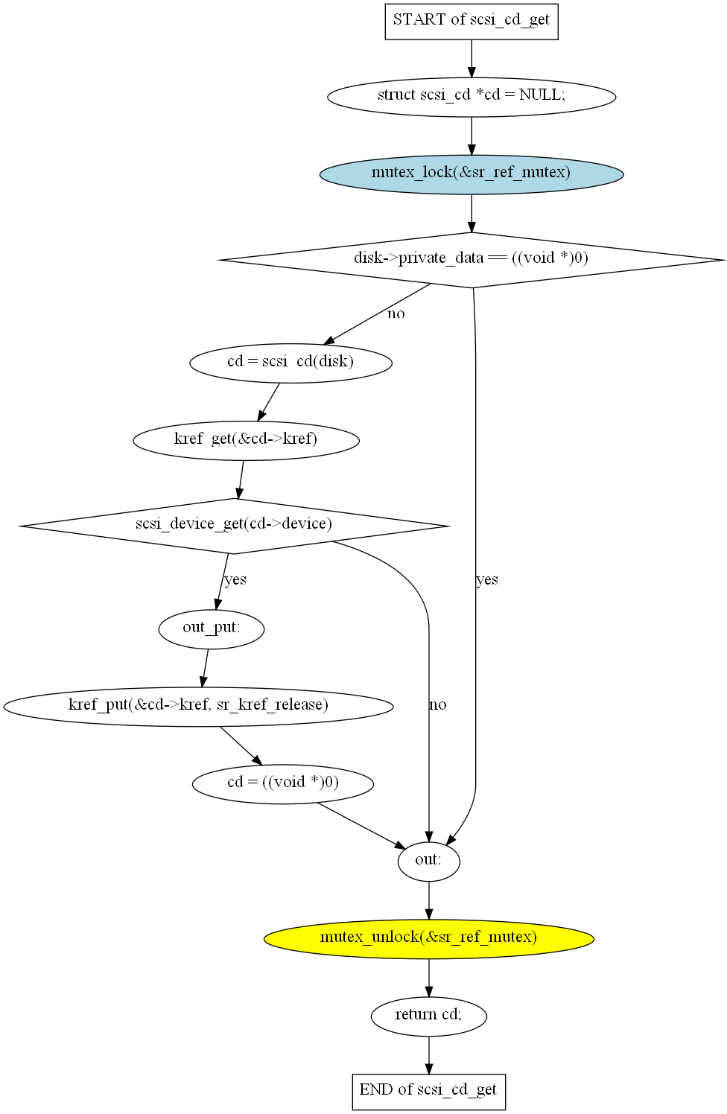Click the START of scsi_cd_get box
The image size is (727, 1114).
coord(471,21)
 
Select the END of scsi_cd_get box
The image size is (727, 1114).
coord(428,1091)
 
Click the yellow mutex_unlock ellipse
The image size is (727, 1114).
coord(428,938)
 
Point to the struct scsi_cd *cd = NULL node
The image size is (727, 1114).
coord(471,96)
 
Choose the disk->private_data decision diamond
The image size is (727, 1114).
coord(471,259)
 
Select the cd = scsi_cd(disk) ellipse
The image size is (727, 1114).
coord(291,363)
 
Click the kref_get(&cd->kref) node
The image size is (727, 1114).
coord(246,439)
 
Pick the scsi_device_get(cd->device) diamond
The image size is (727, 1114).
coord(234,525)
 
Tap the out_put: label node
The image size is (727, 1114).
coord(212,628)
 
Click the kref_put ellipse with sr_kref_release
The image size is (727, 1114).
coord(198,706)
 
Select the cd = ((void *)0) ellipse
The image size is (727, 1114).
coord(282,783)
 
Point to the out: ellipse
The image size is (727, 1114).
coord(428,861)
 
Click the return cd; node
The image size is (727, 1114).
coord(428,1015)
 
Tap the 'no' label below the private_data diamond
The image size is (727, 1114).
coord(396,314)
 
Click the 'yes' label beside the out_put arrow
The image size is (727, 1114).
coord(235,580)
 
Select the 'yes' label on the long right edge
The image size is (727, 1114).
coord(487,580)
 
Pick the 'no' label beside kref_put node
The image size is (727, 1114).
coord(438,705)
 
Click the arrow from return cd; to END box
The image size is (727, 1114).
coord(428,1054)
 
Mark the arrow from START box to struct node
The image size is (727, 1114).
coord(471,59)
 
